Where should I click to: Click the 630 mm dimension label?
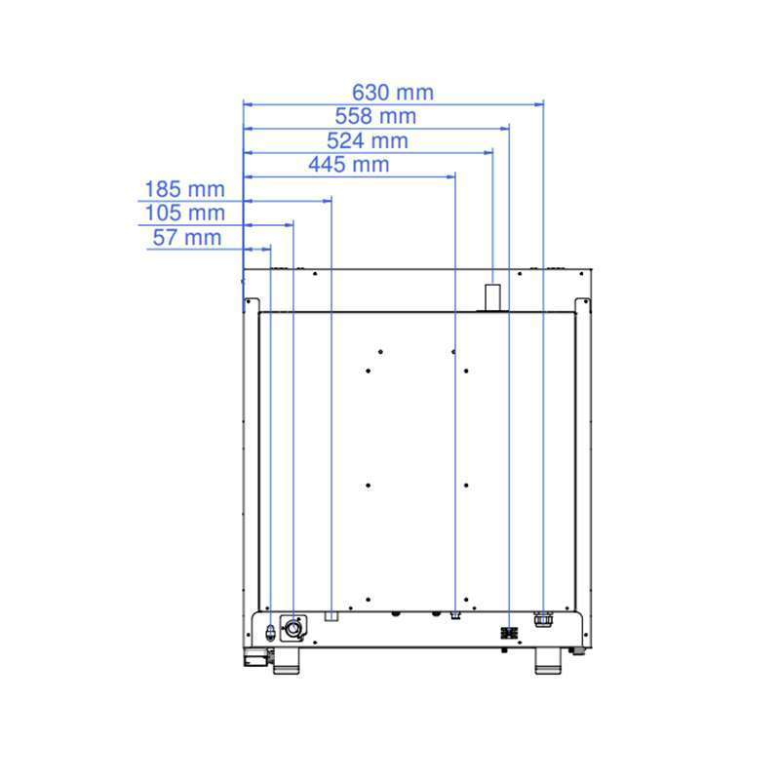tap(393, 93)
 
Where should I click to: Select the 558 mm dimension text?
tap(375, 116)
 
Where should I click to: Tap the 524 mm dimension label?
tap(368, 140)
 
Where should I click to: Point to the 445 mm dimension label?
tap(349, 165)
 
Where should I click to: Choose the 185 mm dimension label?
tap(184, 189)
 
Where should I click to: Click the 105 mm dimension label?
tap(184, 214)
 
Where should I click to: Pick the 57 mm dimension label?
tap(187, 238)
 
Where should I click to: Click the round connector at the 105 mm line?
tap(293, 629)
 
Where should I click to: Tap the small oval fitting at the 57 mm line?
tap(270, 632)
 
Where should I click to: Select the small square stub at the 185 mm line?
tap(331, 616)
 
